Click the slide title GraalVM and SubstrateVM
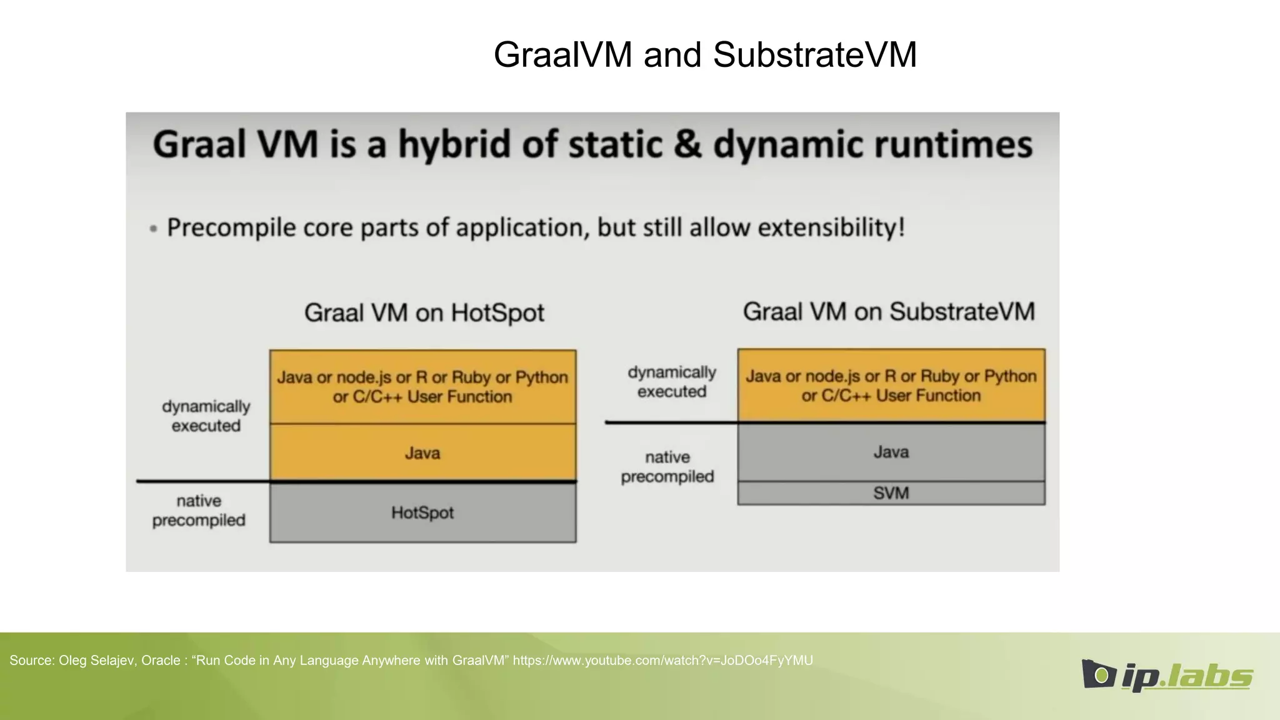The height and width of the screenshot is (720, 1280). [705, 54]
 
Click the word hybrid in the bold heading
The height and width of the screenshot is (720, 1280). [456, 145]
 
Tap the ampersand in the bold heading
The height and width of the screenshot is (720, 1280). [687, 145]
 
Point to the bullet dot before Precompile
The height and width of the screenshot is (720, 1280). [153, 229]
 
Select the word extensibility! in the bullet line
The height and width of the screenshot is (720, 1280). [831, 227]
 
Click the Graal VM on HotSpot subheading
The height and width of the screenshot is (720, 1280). [424, 312]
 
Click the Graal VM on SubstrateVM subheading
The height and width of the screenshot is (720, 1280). [888, 311]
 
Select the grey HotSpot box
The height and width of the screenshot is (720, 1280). [422, 513]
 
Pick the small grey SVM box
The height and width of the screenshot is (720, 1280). [891, 493]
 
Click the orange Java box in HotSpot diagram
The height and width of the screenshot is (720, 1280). [422, 453]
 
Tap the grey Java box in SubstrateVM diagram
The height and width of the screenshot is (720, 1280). [891, 452]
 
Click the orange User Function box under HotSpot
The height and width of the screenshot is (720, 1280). [422, 387]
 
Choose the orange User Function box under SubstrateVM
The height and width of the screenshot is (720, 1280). [891, 386]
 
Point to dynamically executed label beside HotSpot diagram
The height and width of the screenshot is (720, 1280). [206, 416]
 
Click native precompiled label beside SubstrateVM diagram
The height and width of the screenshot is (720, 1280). [667, 467]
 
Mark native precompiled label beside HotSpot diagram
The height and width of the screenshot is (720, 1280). [199, 511]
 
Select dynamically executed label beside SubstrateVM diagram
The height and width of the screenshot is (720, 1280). [671, 382]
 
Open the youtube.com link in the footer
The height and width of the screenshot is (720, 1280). [662, 661]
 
